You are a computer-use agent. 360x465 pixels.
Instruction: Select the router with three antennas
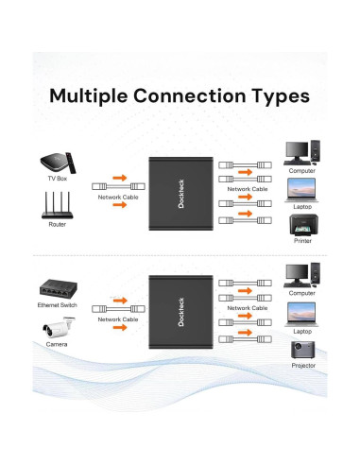(57, 207)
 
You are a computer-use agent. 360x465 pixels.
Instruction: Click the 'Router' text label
(57, 225)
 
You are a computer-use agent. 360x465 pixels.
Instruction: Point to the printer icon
(301, 227)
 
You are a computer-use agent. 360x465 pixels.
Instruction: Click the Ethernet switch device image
(57, 288)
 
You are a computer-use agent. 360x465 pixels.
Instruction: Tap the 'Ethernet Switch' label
(57, 306)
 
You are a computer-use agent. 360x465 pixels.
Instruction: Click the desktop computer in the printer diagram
(301, 151)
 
